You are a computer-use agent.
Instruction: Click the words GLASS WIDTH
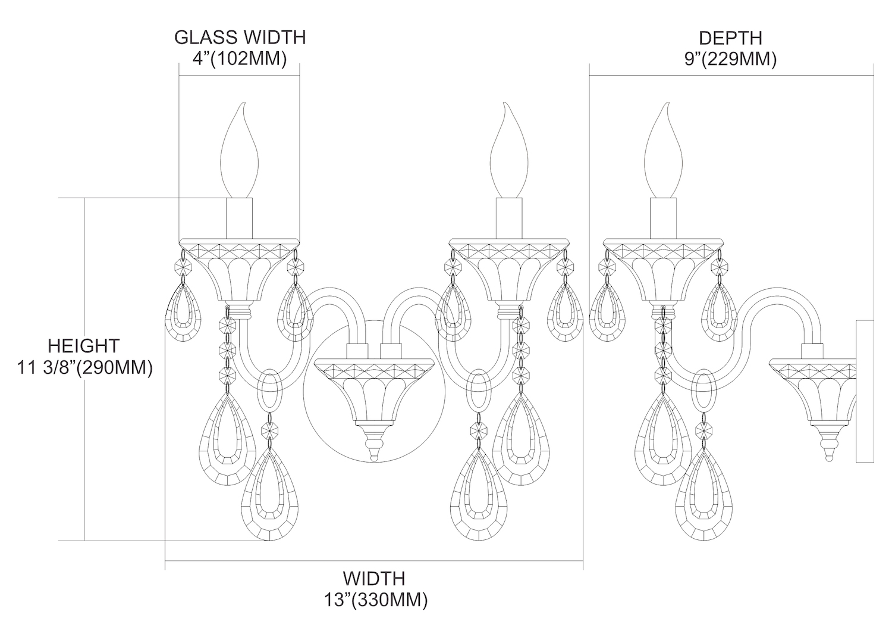pyautogui.click(x=240, y=37)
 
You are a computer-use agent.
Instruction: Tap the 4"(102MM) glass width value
pyautogui.click(x=240, y=59)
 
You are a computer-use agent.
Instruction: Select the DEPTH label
pyautogui.click(x=730, y=38)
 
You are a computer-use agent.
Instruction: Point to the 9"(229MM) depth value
pyautogui.click(x=730, y=60)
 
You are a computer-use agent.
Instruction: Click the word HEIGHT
pyautogui.click(x=83, y=345)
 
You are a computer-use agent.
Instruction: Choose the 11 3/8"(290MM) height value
pyautogui.click(x=83, y=368)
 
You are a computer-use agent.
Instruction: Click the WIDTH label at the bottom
pyautogui.click(x=373, y=578)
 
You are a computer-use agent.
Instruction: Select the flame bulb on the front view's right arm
pyautogui.click(x=508, y=155)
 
